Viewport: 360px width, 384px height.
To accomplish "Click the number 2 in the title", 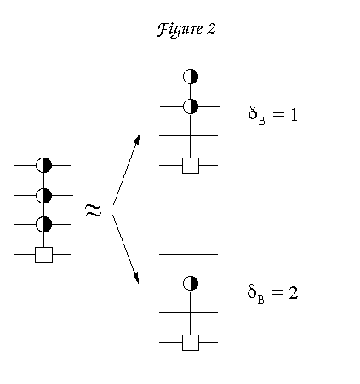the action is point(211,29).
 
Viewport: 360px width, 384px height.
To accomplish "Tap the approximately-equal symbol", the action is point(93,210).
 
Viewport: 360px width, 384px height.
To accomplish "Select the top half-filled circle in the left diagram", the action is point(43,165).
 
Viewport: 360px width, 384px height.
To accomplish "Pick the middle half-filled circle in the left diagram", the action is point(43,196).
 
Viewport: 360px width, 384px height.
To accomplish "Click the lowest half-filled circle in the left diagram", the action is point(43,224).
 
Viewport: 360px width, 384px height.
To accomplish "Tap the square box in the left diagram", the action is point(43,255).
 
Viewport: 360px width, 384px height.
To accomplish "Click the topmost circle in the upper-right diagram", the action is point(190,77).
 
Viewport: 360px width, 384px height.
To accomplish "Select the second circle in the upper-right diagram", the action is point(190,106).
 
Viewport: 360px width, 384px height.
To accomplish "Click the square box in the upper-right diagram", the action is point(191,165).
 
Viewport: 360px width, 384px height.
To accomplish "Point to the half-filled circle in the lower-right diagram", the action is point(190,284).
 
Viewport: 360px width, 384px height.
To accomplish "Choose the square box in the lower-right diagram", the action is point(191,342).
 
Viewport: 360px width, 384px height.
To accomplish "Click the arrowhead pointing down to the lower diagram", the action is point(136,278).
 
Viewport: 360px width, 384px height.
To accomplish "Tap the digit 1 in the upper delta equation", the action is point(294,115).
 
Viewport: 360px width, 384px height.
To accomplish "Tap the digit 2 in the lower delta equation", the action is point(294,293).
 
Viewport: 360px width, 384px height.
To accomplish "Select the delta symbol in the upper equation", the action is point(253,113).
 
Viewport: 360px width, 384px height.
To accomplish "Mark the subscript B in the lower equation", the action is point(261,300).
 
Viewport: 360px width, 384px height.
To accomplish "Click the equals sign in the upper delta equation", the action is point(278,114).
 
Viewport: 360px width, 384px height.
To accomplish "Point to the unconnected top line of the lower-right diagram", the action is point(188,254).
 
